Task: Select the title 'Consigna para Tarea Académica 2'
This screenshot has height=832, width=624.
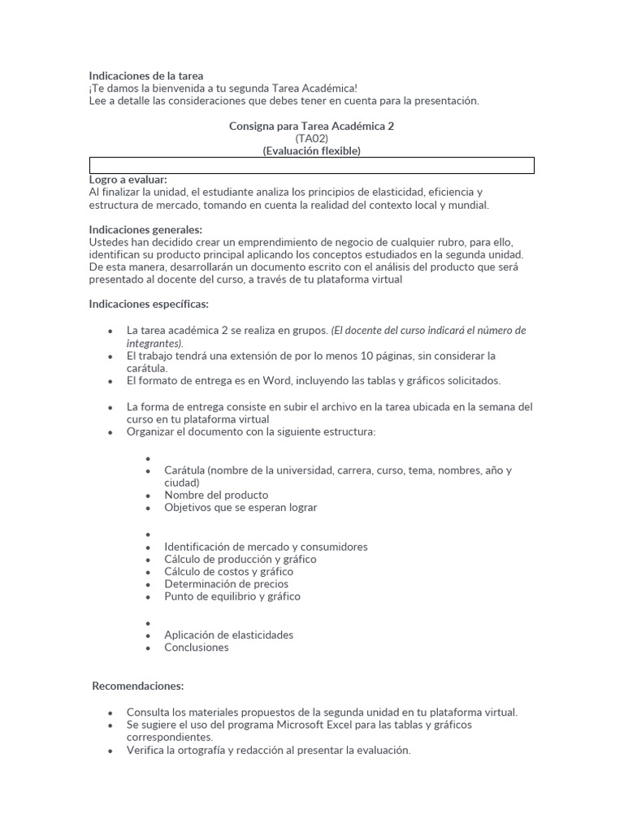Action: [312, 127]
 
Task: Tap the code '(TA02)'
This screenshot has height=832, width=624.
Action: [312, 139]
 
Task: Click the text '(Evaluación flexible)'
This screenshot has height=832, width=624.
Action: [312, 151]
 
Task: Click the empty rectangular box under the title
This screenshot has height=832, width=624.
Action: [312, 166]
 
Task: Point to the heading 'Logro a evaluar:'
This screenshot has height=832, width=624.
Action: [128, 180]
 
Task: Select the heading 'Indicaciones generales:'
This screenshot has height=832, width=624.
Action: [145, 230]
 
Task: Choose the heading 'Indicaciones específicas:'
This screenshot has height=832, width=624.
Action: [149, 305]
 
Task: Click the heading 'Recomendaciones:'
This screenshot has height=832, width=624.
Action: [138, 687]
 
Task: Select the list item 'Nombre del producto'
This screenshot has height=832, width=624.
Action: [216, 495]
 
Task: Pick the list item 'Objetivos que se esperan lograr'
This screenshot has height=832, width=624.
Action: [240, 508]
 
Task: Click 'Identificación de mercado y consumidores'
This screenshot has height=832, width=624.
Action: [266, 547]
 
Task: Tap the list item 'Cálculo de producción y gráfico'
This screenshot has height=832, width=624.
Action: [240, 559]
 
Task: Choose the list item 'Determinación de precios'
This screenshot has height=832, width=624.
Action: [226, 583]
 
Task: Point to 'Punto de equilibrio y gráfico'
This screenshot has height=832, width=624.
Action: [232, 596]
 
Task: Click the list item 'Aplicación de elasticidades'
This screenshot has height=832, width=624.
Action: [228, 635]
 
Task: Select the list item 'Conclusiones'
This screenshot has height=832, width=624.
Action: [197, 648]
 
